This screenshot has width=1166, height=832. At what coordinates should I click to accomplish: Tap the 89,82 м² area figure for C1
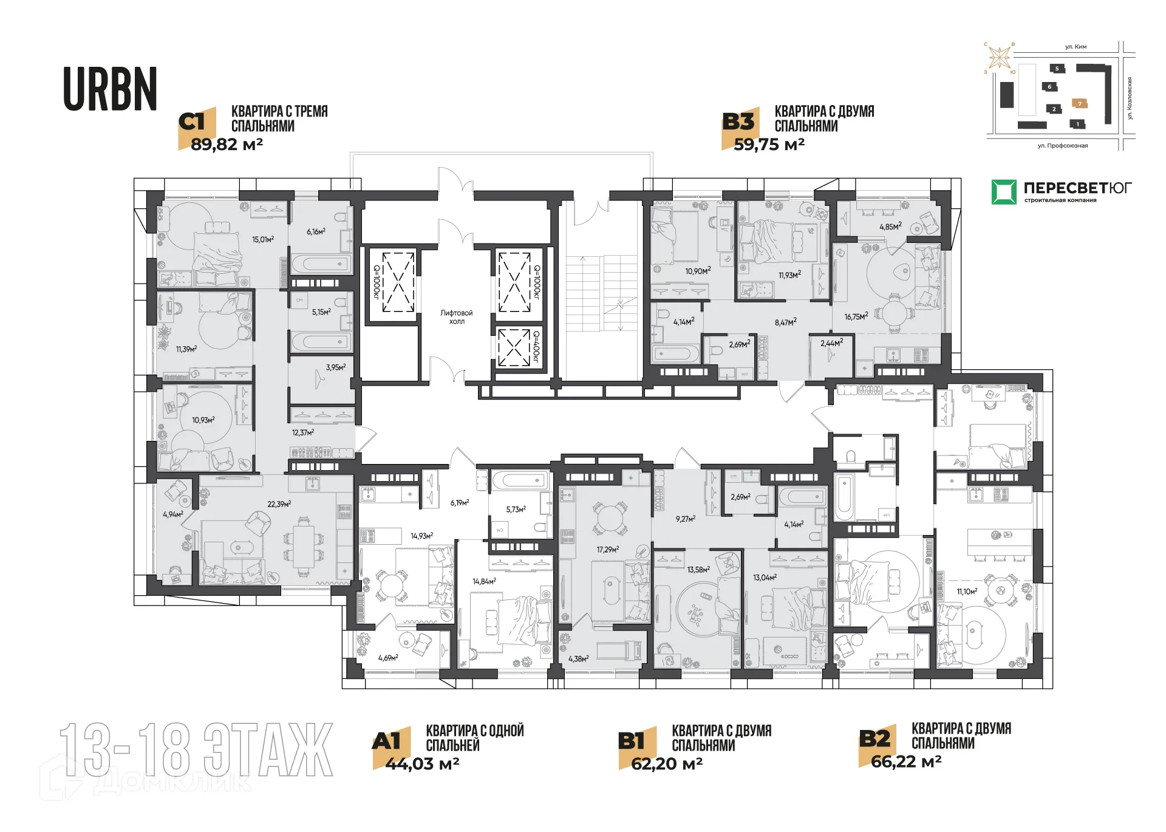point(227,145)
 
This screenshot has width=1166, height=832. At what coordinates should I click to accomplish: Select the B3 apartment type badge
point(738,123)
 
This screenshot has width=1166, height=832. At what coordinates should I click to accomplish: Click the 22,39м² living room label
point(279,504)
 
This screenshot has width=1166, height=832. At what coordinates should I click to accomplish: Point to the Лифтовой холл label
point(456,317)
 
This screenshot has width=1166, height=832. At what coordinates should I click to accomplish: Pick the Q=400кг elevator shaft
point(514,347)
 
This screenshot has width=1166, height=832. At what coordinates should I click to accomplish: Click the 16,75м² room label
point(856,316)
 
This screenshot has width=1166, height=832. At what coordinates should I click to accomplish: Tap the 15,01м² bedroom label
point(263,239)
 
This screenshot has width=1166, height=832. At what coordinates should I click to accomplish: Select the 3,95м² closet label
point(335,367)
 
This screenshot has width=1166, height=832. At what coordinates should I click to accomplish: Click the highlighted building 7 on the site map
point(1079,104)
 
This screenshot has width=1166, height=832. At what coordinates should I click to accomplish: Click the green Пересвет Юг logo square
point(1003,192)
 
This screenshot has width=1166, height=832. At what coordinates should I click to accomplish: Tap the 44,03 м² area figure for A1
point(422,764)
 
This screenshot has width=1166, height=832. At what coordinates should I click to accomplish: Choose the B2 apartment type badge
point(874,739)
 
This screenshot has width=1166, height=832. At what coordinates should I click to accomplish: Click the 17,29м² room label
point(607,550)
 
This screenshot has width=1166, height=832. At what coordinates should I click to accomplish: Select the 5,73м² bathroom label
point(516,510)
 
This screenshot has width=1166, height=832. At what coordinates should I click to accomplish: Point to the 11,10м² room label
point(967,592)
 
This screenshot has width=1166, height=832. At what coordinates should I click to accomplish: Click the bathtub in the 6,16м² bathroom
point(321,264)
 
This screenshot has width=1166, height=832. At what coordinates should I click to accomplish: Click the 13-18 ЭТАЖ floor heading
point(196,750)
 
